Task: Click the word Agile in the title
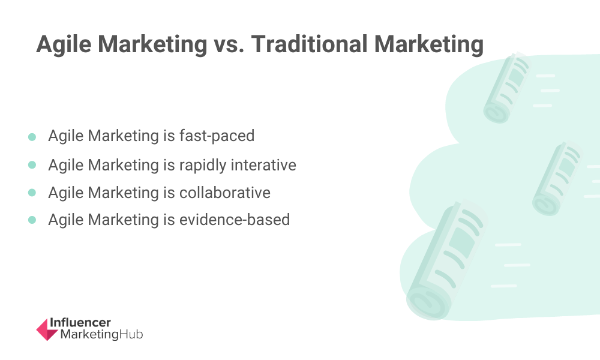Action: point(64,44)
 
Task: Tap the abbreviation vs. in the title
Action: point(229,44)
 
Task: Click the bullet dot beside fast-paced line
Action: point(32,137)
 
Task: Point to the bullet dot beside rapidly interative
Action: point(32,165)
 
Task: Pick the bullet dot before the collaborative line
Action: point(32,193)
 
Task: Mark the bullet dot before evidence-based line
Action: point(32,220)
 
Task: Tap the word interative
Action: point(263,165)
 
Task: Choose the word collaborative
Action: point(224,193)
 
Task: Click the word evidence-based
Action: point(234,220)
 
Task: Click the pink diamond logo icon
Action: point(47,329)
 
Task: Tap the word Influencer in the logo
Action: point(80,323)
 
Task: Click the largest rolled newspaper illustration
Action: point(446,260)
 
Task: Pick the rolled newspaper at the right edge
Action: point(557,178)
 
